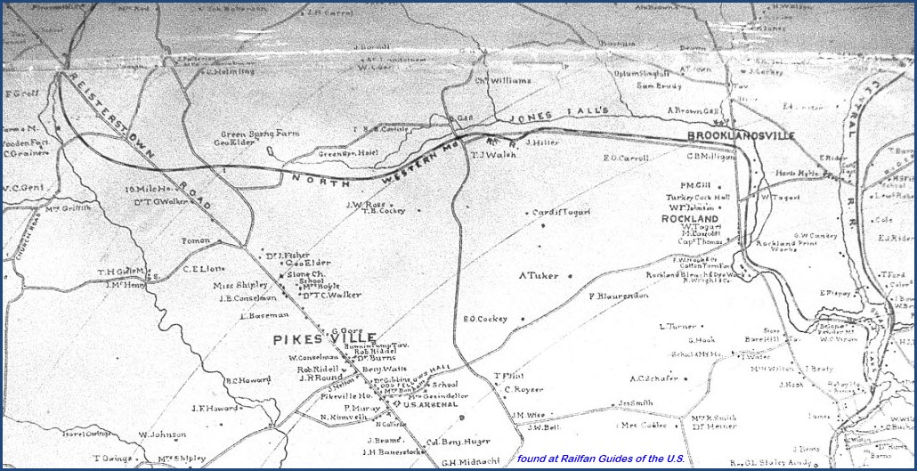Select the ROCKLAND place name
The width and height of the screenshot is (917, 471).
pyautogui.click(x=690, y=218)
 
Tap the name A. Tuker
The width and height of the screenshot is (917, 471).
pyautogui.click(x=540, y=275)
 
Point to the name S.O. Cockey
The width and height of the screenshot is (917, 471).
pyautogui.click(x=484, y=319)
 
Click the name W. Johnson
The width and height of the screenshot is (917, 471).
pyautogui.click(x=161, y=435)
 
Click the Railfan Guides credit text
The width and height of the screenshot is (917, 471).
pyautogui.click(x=600, y=459)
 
